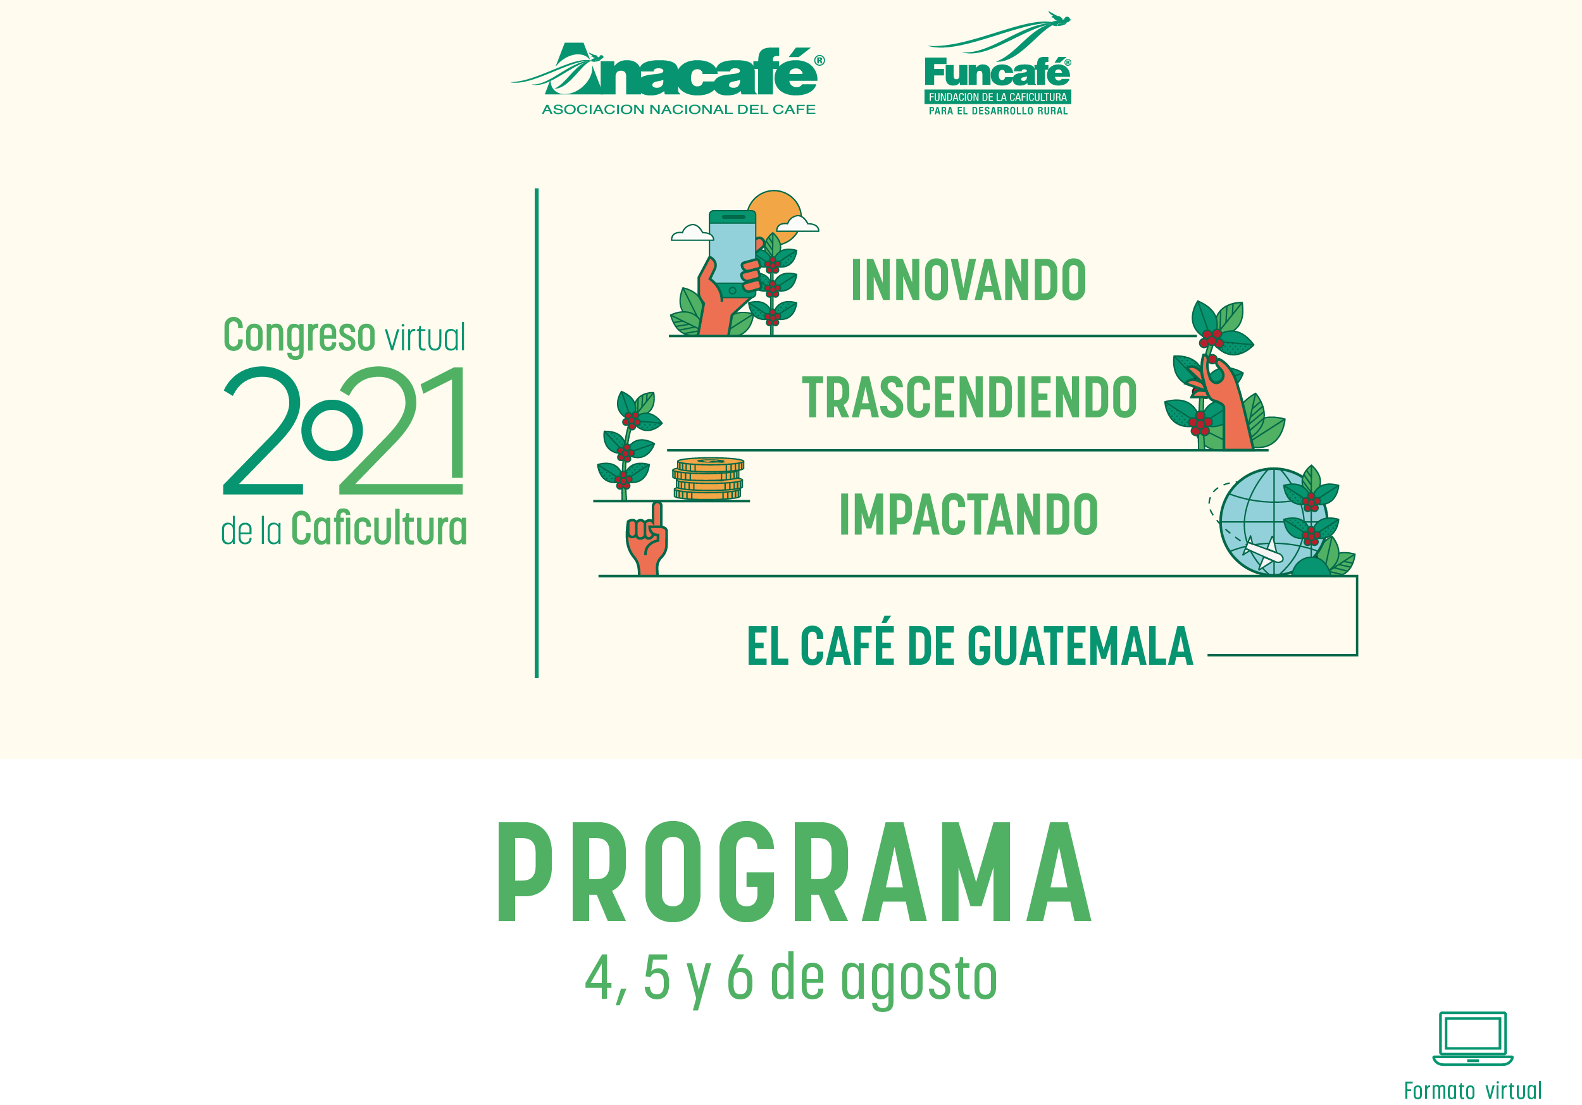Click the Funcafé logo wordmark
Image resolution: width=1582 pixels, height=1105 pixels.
click(x=997, y=72)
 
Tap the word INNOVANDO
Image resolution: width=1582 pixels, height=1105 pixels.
click(x=969, y=280)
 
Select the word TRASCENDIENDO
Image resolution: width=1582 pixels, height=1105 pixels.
click(x=969, y=397)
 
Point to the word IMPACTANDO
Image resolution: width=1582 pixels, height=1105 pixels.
click(x=968, y=515)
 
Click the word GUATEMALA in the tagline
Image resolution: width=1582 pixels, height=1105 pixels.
click(x=1080, y=646)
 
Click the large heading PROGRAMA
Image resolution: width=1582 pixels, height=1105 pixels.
click(x=794, y=872)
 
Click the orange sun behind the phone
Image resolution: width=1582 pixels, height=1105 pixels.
click(x=775, y=214)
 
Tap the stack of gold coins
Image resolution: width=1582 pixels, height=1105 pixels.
click(x=708, y=478)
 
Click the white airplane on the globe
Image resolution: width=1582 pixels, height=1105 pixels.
click(x=1263, y=553)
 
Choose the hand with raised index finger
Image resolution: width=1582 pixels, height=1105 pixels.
click(x=647, y=538)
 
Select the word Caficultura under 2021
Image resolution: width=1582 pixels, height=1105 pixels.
click(x=378, y=528)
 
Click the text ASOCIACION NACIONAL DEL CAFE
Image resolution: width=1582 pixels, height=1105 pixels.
click(x=679, y=109)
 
